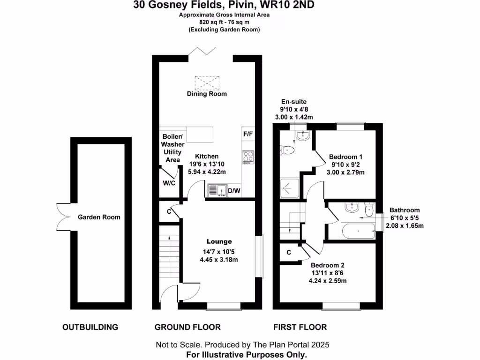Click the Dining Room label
pyautogui.click(x=207, y=94)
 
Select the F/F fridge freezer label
pyautogui.click(x=248, y=134)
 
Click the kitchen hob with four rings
pyautogui.click(x=248, y=157)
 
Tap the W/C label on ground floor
pyautogui.click(x=169, y=183)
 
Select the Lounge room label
pyautogui.click(x=219, y=241)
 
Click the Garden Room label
pyautogui.click(x=99, y=217)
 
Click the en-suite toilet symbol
pyautogui.click(x=287, y=150)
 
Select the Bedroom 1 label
pyautogui.click(x=345, y=157)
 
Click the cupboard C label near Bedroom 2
pyautogui.click(x=289, y=253)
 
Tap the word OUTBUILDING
pyautogui.click(x=90, y=327)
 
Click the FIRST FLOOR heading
pyautogui.click(x=300, y=327)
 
